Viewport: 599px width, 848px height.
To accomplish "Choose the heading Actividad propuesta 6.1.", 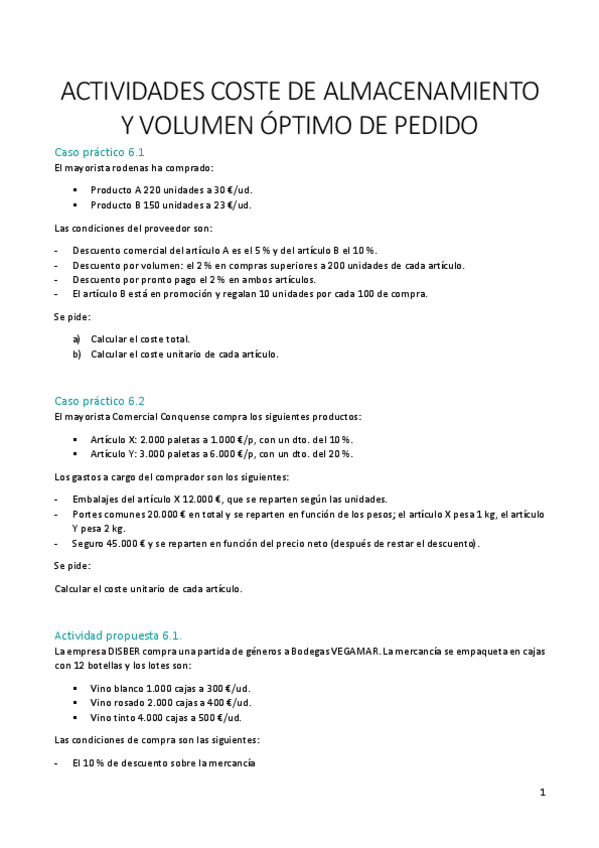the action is tap(118, 635).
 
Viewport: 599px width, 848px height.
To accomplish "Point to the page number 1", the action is tap(542, 793).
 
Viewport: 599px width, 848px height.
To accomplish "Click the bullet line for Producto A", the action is tap(156, 188).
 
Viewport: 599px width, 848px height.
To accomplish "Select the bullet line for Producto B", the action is tap(156, 205).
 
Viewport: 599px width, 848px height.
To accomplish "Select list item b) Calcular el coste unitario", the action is tap(184, 354).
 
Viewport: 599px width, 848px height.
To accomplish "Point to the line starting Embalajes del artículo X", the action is tap(229, 499).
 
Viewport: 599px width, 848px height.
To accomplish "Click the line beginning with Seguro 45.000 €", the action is tap(275, 543).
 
